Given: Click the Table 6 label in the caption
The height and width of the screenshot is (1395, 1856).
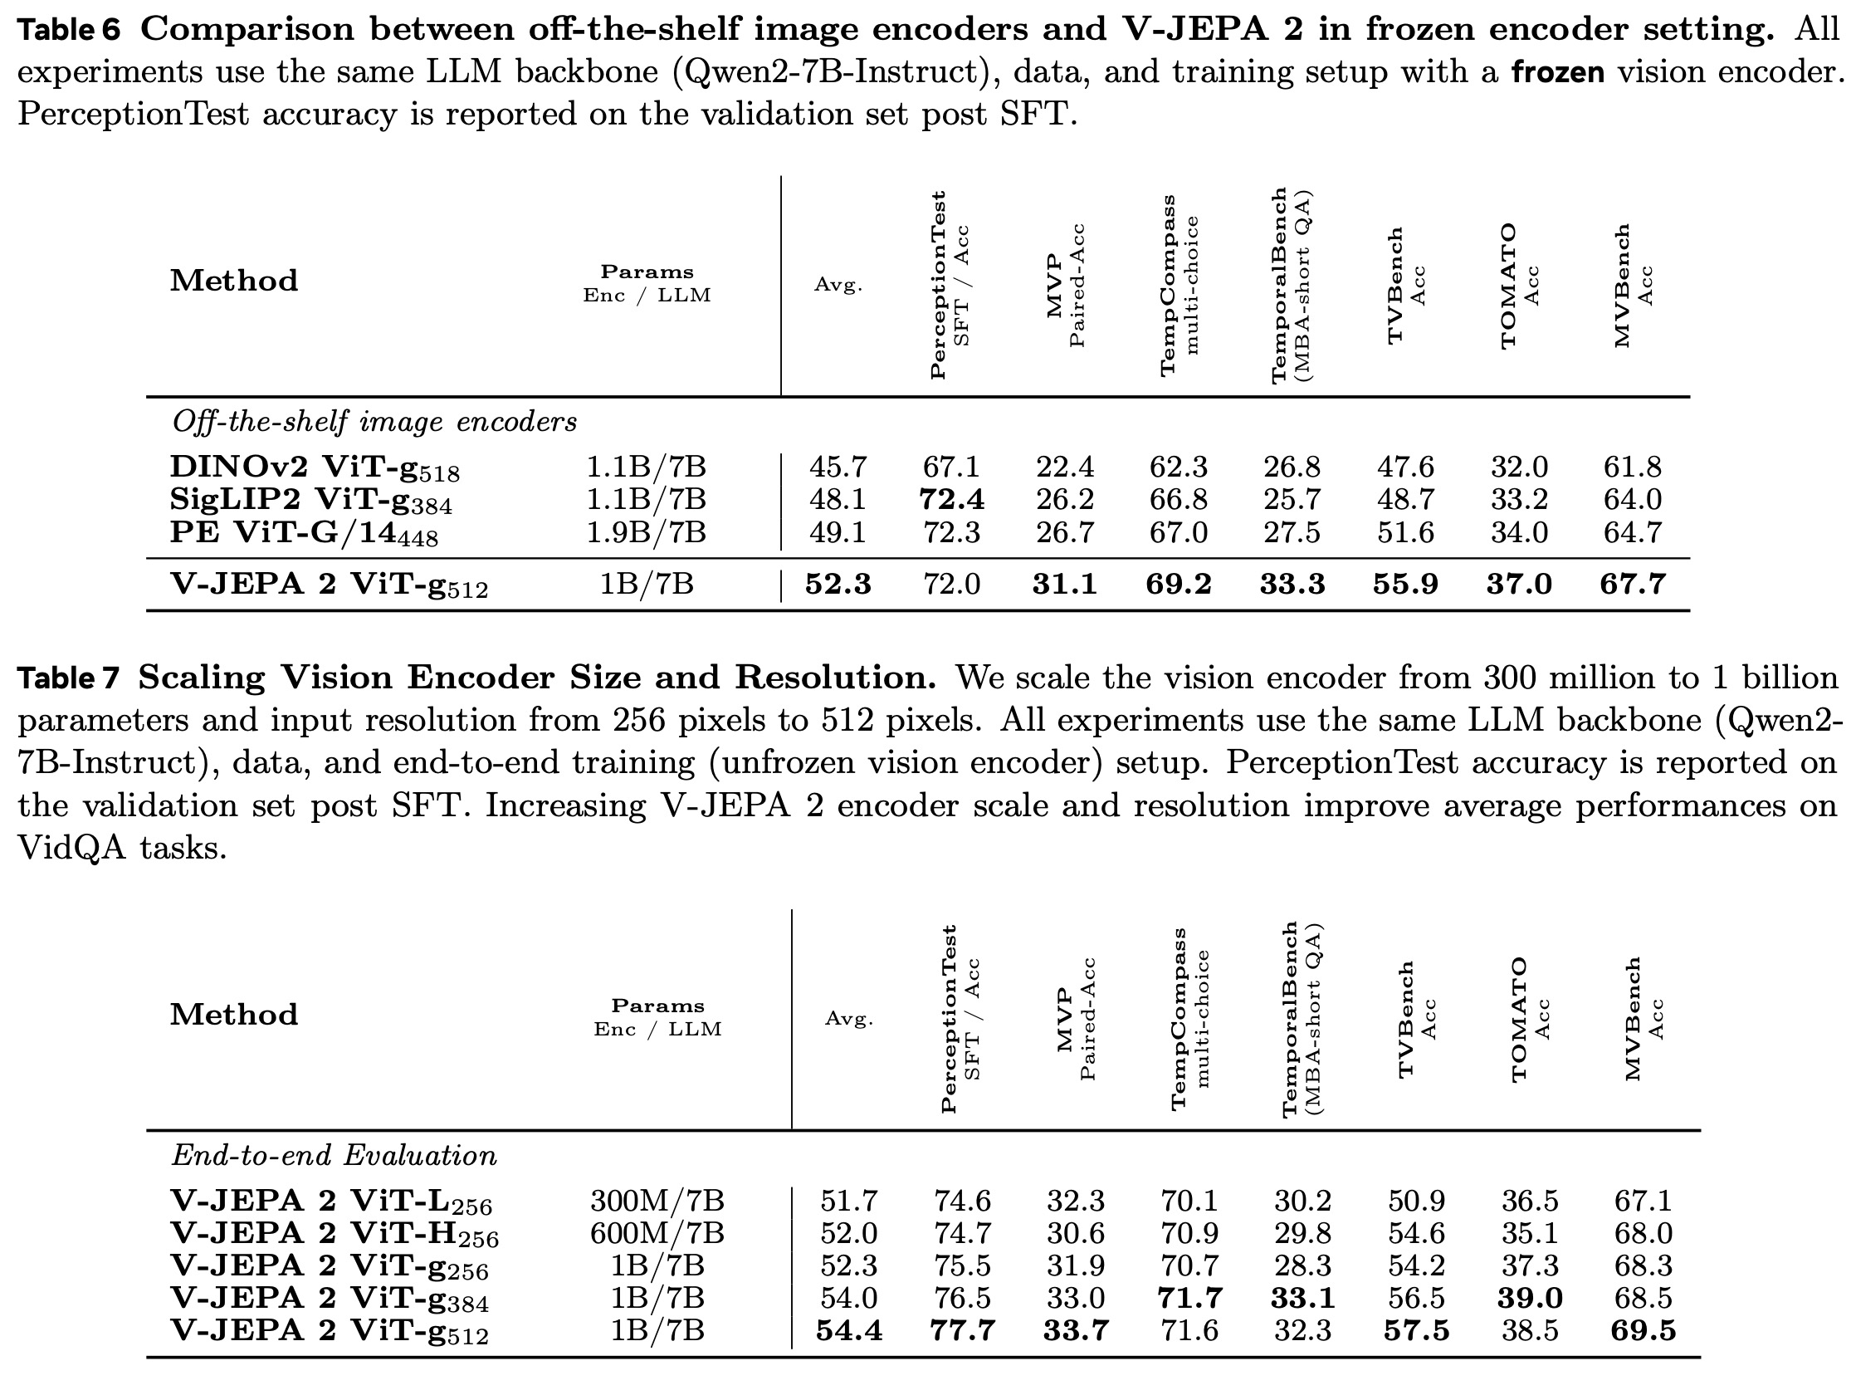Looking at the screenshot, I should tap(69, 30).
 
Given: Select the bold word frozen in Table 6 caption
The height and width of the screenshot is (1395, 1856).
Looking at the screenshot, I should tap(1557, 73).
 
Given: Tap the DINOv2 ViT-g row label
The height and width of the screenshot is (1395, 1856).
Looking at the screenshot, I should tap(315, 467).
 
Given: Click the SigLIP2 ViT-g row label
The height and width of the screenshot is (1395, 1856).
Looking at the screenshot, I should tap(310, 500).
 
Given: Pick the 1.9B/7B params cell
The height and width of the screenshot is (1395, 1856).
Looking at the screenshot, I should tap(646, 532).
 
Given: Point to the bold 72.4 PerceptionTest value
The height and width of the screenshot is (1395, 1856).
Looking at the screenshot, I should tap(950, 500).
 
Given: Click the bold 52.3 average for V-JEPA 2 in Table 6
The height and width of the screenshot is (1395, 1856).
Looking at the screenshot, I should tap(838, 585).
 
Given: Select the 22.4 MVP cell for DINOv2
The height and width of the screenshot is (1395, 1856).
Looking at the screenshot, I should tap(1064, 467).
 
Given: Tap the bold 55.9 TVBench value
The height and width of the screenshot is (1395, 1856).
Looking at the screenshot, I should tap(1405, 585).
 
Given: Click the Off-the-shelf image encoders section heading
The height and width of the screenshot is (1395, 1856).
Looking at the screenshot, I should tap(374, 421).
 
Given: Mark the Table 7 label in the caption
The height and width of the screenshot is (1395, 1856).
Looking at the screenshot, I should tap(69, 678).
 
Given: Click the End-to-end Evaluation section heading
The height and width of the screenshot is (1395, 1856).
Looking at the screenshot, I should tap(334, 1156).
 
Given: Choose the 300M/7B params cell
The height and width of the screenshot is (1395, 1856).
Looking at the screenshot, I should tap(657, 1201).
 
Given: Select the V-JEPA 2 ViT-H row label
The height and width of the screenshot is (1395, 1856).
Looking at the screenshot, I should tap(334, 1235).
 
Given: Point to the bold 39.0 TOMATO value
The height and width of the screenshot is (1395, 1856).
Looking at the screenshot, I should tap(1530, 1299).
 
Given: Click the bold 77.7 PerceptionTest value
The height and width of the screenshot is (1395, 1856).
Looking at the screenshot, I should tap(961, 1331).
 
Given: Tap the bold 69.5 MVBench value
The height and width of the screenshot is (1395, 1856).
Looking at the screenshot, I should tap(1643, 1331).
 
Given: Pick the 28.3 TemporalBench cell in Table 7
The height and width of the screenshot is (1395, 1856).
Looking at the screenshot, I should tap(1302, 1265).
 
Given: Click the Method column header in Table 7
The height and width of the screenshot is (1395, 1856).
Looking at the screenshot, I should tap(234, 1015).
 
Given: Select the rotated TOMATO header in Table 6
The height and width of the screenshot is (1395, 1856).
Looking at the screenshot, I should tap(1510, 286).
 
